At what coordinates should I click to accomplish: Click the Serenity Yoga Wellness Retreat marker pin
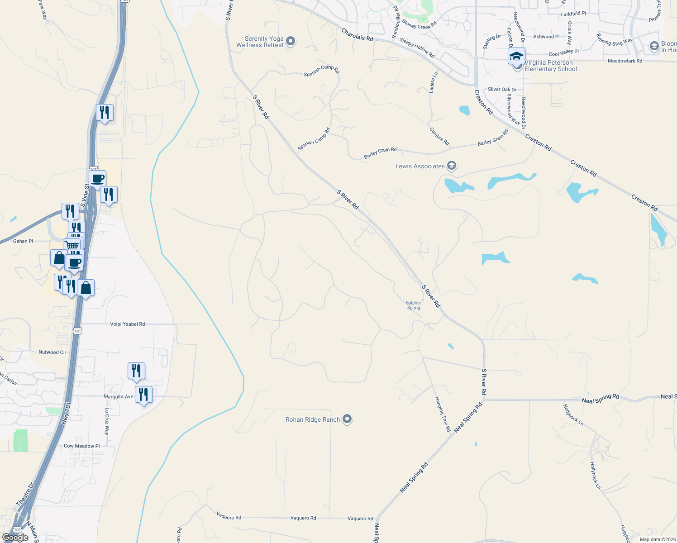[x=291, y=42]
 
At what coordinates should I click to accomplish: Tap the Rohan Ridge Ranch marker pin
[x=347, y=419]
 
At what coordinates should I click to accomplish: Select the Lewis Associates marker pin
[x=451, y=166]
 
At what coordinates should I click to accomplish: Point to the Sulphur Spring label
[x=414, y=305]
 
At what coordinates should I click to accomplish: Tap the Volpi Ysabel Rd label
[x=128, y=324]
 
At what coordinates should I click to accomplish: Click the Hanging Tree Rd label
[x=443, y=414]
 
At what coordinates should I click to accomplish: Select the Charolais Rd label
[x=358, y=35]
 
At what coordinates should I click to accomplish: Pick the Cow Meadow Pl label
[x=81, y=446]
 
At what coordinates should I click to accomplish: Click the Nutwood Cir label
[x=52, y=352]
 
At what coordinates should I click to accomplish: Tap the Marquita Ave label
[x=119, y=396]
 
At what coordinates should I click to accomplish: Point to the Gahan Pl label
[x=23, y=241]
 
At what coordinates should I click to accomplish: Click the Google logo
[x=15, y=537]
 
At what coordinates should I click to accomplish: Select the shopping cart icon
[x=72, y=245]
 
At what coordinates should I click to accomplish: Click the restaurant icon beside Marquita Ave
[x=143, y=395]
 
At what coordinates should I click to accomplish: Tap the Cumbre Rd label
[x=439, y=136]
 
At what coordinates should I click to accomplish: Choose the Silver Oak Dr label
[x=502, y=89]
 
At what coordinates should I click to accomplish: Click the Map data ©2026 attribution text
[x=658, y=539]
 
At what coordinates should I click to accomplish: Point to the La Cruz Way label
[x=107, y=421]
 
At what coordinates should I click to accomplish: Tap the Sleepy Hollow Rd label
[x=417, y=48]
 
